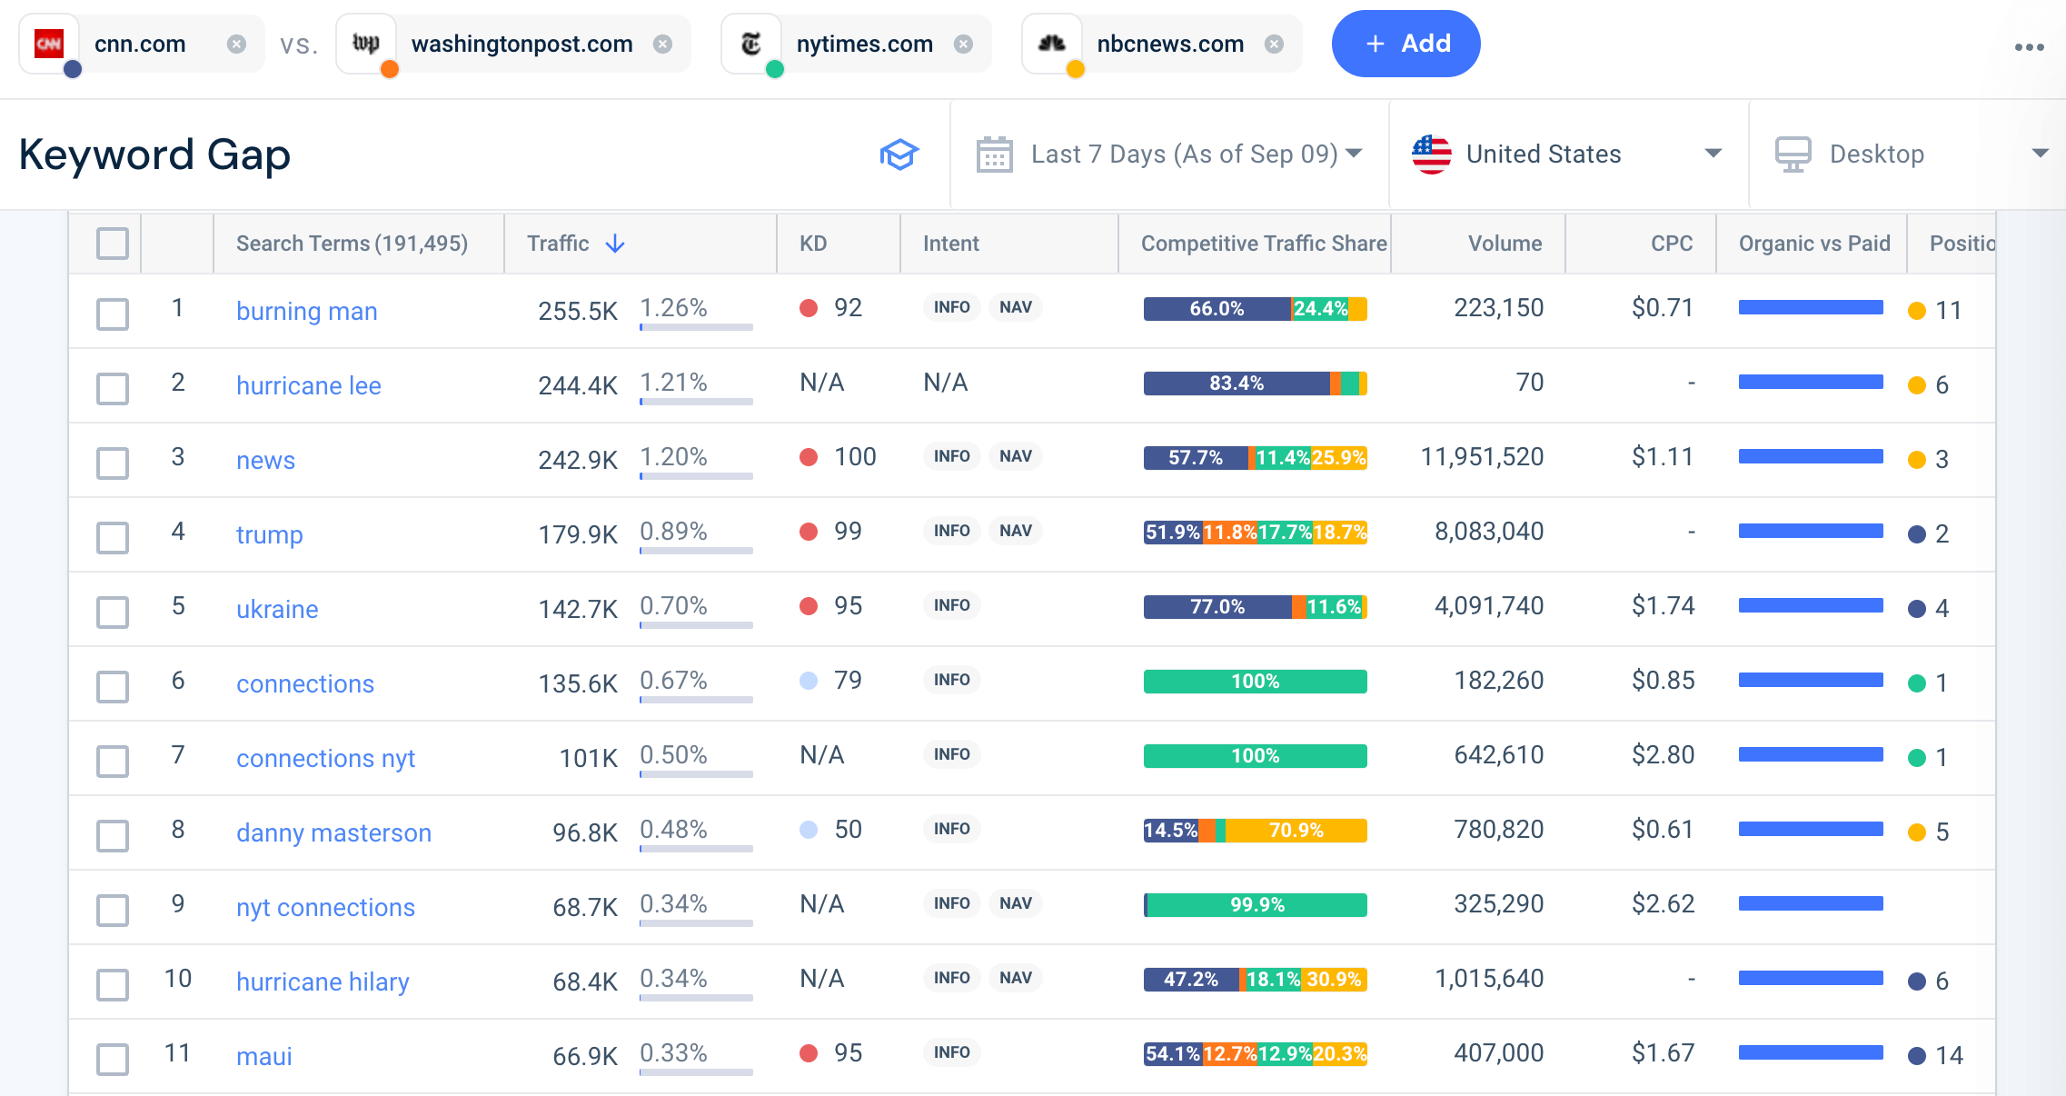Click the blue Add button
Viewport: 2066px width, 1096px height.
[x=1405, y=44]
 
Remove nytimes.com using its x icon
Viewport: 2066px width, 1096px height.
[x=963, y=44]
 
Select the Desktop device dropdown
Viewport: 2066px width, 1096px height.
[x=1908, y=154]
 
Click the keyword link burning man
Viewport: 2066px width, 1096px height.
[x=306, y=311]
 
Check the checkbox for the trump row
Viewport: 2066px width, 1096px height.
[x=113, y=537]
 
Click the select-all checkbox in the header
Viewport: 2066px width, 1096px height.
[x=113, y=244]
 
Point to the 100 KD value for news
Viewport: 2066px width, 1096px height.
[x=854, y=457]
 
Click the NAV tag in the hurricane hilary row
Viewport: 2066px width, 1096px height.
[x=1015, y=978]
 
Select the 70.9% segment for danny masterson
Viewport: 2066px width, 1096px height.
[x=1296, y=831]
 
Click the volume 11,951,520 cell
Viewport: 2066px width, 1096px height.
[x=1481, y=457]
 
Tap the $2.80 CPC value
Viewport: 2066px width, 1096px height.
[x=1663, y=755]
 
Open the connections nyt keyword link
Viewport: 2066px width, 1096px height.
[x=325, y=758]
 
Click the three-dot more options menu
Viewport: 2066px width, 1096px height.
[x=2028, y=47]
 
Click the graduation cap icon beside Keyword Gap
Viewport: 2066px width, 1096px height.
[x=899, y=154]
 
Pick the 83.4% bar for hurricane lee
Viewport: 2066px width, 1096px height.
[x=1236, y=384]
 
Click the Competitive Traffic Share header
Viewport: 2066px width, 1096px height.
[x=1263, y=244]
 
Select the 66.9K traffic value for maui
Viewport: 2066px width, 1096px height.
[x=584, y=1056]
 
